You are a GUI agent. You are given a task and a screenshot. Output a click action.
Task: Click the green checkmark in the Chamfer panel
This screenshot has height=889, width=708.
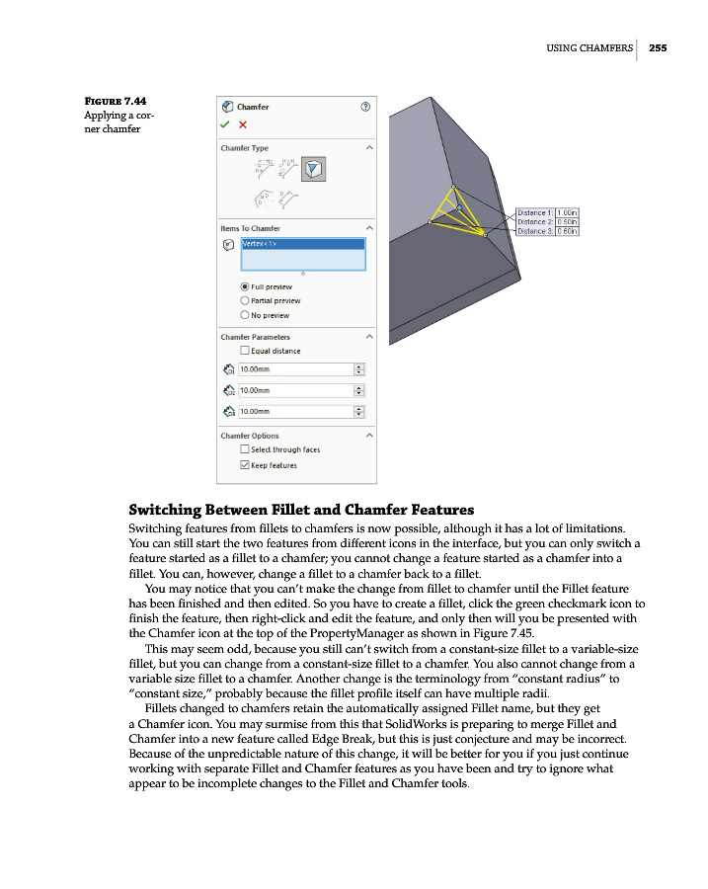tap(226, 124)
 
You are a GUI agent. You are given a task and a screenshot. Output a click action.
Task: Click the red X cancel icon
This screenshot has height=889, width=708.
tap(243, 124)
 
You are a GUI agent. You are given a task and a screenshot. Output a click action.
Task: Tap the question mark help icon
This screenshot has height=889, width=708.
tap(366, 106)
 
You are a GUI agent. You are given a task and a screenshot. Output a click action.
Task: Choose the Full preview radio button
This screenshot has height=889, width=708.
tap(245, 286)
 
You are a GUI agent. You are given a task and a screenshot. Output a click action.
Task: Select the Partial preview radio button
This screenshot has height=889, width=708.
tap(245, 300)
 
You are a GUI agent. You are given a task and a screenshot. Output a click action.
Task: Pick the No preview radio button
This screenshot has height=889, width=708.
tap(245, 315)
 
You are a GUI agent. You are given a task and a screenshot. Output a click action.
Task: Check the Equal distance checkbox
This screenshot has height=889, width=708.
tap(245, 351)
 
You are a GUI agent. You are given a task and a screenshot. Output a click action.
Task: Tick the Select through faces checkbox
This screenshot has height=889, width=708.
tap(245, 449)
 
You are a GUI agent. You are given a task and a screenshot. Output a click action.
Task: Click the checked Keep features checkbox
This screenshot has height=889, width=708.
tap(245, 465)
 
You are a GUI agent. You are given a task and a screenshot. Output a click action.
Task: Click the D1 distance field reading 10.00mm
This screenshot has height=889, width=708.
tap(294, 369)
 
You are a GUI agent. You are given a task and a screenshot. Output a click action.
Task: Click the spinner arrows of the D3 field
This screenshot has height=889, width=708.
tap(358, 411)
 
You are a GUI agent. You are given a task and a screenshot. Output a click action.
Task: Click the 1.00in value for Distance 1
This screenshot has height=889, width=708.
tap(568, 212)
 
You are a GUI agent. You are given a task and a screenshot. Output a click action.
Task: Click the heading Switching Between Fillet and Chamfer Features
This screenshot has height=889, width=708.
tap(302, 510)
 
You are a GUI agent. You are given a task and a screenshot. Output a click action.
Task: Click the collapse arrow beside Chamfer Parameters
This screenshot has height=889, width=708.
tap(369, 337)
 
